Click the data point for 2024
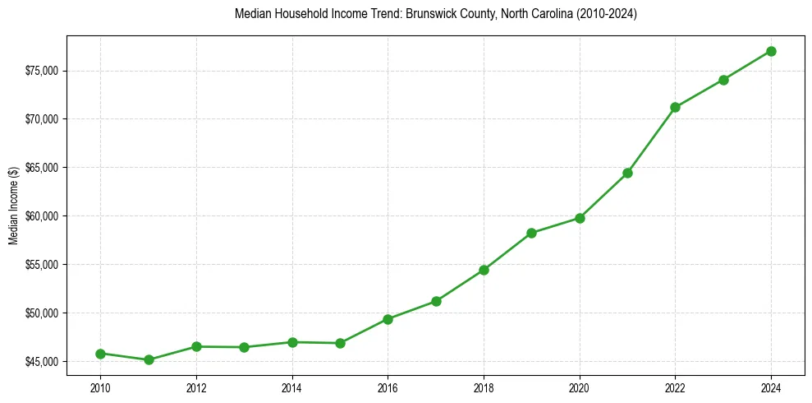[771, 51]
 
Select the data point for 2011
[149, 359]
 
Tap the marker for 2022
[675, 107]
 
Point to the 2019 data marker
[531, 233]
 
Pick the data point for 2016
[388, 319]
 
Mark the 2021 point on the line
[627, 173]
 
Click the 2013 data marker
[244, 347]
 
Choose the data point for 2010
[100, 354]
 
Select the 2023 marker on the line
[723, 80]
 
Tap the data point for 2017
[436, 301]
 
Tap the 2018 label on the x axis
[484, 387]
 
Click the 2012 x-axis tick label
[196, 387]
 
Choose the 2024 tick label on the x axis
[771, 387]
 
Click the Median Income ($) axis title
[13, 205]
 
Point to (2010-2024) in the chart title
[608, 14]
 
